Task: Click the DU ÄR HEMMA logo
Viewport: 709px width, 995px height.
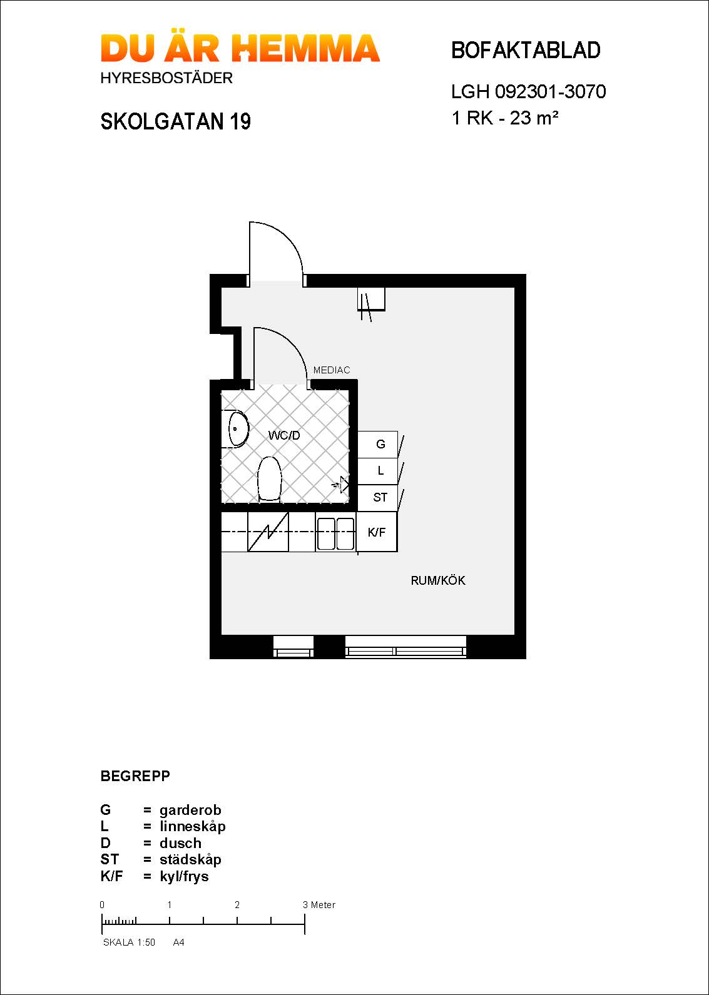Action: coord(240,49)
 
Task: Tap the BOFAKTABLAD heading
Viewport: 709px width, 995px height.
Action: coord(526,51)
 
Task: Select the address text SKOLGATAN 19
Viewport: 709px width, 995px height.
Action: coord(175,121)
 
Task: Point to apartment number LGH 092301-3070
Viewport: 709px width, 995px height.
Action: coord(528,92)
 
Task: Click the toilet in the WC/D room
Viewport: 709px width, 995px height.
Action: coord(270,479)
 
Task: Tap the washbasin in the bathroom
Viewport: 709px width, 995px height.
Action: coord(237,429)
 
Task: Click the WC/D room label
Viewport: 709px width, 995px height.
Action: coord(284,435)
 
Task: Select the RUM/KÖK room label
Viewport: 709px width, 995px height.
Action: coord(437,580)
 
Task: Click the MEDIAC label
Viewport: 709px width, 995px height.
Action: coord(331,370)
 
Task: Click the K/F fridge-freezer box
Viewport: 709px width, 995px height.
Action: coord(377,532)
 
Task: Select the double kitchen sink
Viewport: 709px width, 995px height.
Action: coord(335,533)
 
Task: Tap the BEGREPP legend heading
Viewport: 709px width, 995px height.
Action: coord(135,776)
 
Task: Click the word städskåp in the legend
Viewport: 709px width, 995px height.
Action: coord(190,859)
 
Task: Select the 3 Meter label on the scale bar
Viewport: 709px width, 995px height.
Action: coord(319,905)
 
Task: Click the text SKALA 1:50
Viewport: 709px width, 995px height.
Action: coord(129,942)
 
